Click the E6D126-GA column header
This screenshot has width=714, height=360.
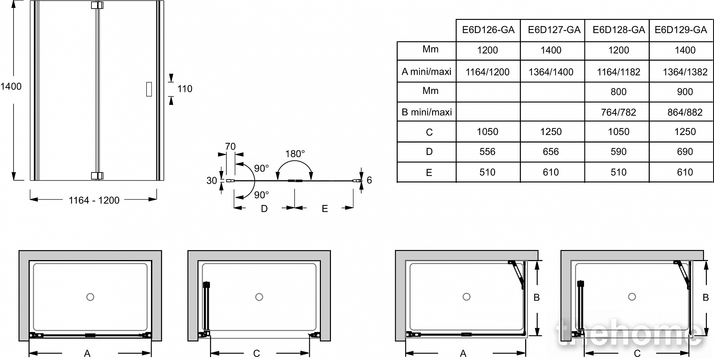(x=488, y=30)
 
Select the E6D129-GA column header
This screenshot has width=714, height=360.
(x=680, y=30)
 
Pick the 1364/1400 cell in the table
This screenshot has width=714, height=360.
(x=551, y=72)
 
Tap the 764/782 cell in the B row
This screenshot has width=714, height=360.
(x=618, y=112)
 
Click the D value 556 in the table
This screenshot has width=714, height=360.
(x=487, y=152)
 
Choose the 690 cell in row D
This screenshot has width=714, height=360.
(x=685, y=152)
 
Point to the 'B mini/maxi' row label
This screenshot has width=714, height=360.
(x=427, y=112)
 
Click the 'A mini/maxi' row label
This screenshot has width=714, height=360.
(x=426, y=72)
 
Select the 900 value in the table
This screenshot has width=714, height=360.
(x=685, y=92)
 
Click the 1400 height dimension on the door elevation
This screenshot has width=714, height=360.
(x=11, y=86)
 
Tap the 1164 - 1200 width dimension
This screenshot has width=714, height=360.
(x=94, y=200)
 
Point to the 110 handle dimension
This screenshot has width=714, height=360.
(x=185, y=89)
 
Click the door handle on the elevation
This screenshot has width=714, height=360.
(x=149, y=89)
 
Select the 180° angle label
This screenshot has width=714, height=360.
(x=295, y=154)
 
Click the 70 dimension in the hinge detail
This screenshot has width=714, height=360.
(x=230, y=147)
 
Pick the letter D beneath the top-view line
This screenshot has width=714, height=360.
(x=264, y=209)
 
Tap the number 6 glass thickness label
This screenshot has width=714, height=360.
(x=369, y=180)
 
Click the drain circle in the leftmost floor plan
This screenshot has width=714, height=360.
(x=90, y=297)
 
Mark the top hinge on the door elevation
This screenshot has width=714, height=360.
(x=97, y=5)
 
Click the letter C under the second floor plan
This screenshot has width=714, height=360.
(x=256, y=353)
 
